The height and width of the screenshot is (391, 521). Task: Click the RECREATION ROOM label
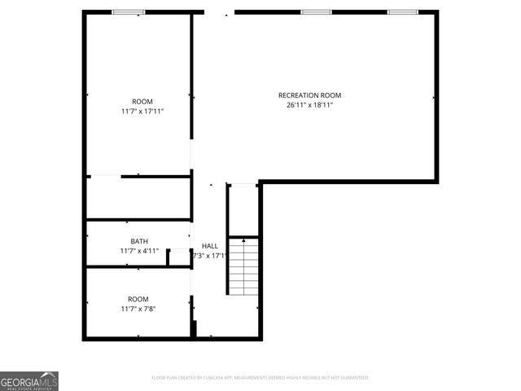click(x=309, y=95)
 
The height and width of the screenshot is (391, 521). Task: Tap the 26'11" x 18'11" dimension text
click(x=309, y=105)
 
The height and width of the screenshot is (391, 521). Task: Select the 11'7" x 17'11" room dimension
click(x=142, y=112)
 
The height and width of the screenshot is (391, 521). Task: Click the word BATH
click(x=139, y=241)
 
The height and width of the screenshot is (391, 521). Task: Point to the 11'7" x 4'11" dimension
click(x=139, y=251)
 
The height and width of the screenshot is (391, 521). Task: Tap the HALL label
click(x=209, y=245)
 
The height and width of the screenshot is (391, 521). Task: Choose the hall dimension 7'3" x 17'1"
click(x=209, y=256)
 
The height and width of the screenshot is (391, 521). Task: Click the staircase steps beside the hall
click(x=242, y=269)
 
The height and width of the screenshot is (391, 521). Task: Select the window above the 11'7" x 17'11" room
click(x=129, y=12)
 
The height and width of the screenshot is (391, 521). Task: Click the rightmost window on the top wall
click(x=401, y=12)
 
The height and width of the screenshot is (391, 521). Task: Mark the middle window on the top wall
click(x=316, y=12)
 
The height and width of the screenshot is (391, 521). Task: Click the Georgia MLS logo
click(x=29, y=381)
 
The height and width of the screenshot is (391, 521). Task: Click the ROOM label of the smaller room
click(x=138, y=299)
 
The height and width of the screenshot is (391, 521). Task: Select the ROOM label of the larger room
click(x=142, y=102)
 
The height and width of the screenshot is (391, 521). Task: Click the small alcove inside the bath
click(x=178, y=257)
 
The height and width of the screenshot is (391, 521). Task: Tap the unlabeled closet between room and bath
click(x=138, y=197)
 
